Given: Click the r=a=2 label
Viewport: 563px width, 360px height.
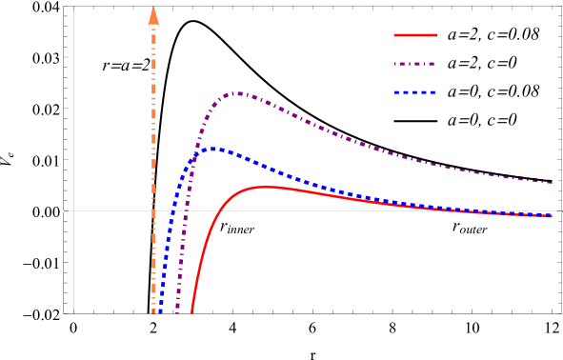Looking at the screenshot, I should pos(127,66).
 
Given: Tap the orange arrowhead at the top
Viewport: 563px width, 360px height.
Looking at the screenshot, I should pos(153,14).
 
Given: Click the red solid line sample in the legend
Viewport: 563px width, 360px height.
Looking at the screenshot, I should pos(415,35).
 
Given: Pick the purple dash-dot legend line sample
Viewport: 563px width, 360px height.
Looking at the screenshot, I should pos(415,65).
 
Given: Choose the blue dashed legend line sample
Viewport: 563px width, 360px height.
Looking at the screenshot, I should pos(415,92).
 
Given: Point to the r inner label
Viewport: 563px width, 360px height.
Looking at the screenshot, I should pos(237,227).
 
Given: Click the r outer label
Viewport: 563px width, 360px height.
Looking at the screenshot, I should pos(470,227).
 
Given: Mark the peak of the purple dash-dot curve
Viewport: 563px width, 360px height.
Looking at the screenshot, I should pos(238,92).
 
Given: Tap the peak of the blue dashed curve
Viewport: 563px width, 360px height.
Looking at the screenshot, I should pos(217,149).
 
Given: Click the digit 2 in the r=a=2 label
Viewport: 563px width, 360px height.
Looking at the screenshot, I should pos(147,66).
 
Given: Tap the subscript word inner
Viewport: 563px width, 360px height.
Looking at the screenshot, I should pos(242,230).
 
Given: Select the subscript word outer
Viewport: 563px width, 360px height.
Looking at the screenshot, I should pos(474,230).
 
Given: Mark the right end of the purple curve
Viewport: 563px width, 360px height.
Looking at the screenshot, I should pos(553,181).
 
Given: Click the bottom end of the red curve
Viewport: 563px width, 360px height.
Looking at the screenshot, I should pos(191,311).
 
